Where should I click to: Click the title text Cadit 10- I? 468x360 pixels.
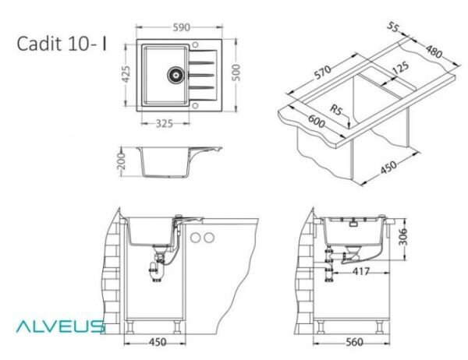[62, 44]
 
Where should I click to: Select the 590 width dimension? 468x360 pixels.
[181, 27]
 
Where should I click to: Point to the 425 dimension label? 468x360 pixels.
[126, 74]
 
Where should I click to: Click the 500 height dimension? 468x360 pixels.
[236, 72]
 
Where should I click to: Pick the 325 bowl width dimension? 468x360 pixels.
[164, 123]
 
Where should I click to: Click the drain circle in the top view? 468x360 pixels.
[175, 75]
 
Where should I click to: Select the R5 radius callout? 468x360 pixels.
[335, 110]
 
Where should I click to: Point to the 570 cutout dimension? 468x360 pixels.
[323, 72]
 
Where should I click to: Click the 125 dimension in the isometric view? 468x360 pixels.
[401, 68]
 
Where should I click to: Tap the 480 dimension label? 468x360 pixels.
[434, 51]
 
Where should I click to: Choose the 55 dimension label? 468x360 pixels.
[393, 26]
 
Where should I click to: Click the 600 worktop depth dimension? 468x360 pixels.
[316, 121]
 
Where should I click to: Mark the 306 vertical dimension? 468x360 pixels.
[403, 237]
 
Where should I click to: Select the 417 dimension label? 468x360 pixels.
[361, 271]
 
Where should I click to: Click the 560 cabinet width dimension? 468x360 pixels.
[354, 342]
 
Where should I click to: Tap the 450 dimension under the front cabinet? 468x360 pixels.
[158, 342]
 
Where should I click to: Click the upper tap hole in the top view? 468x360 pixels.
[195, 45]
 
